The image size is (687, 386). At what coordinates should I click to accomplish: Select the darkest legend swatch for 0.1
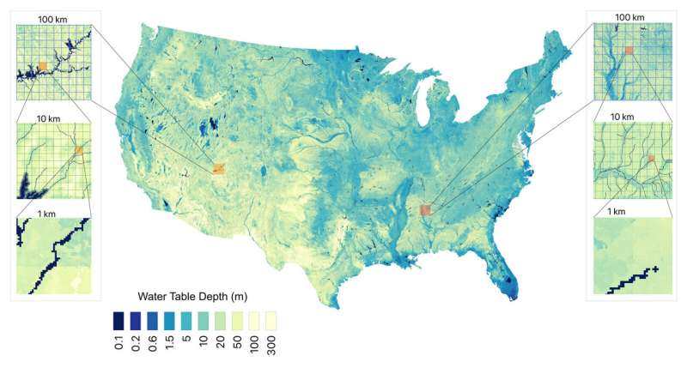pyautogui.click(x=118, y=320)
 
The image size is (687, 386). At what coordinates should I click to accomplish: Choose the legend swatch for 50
pyautogui.click(x=234, y=320)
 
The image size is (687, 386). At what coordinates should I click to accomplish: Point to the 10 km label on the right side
pyautogui.click(x=622, y=116)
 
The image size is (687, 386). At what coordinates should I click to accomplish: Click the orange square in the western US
pyautogui.click(x=218, y=169)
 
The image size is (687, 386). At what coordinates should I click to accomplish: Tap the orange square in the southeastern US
pyautogui.click(x=425, y=209)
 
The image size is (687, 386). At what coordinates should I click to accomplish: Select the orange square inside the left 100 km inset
pyautogui.click(x=43, y=65)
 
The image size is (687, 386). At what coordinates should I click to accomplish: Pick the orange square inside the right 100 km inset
pyautogui.click(x=629, y=51)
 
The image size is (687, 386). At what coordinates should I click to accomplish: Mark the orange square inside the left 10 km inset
pyautogui.click(x=79, y=151)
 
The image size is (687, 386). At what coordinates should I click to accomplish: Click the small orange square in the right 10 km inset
pyautogui.click(x=651, y=159)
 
